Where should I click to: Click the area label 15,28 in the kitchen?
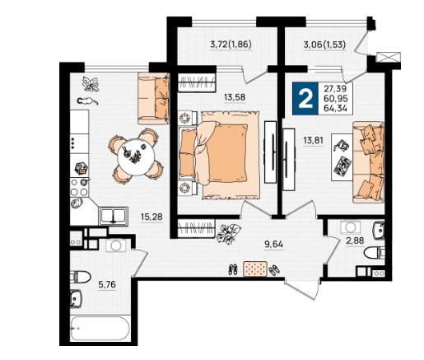click(151, 217)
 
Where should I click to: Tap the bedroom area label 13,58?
click(235, 97)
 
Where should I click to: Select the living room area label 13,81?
click(313, 141)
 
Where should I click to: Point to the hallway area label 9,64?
click(273, 244)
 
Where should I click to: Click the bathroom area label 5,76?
click(107, 285)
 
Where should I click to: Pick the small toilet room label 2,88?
click(355, 241)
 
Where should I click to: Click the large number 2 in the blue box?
click(305, 99)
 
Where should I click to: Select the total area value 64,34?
click(336, 108)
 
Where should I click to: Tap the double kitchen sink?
click(114, 216)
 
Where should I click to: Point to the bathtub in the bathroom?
click(100, 329)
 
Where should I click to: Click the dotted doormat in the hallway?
click(255, 269)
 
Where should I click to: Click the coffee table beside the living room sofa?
click(342, 157)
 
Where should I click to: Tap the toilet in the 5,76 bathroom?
click(80, 277)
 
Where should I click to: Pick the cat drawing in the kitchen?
click(87, 101)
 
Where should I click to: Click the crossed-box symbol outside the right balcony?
click(389, 58)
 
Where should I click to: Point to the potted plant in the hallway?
click(228, 233)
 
